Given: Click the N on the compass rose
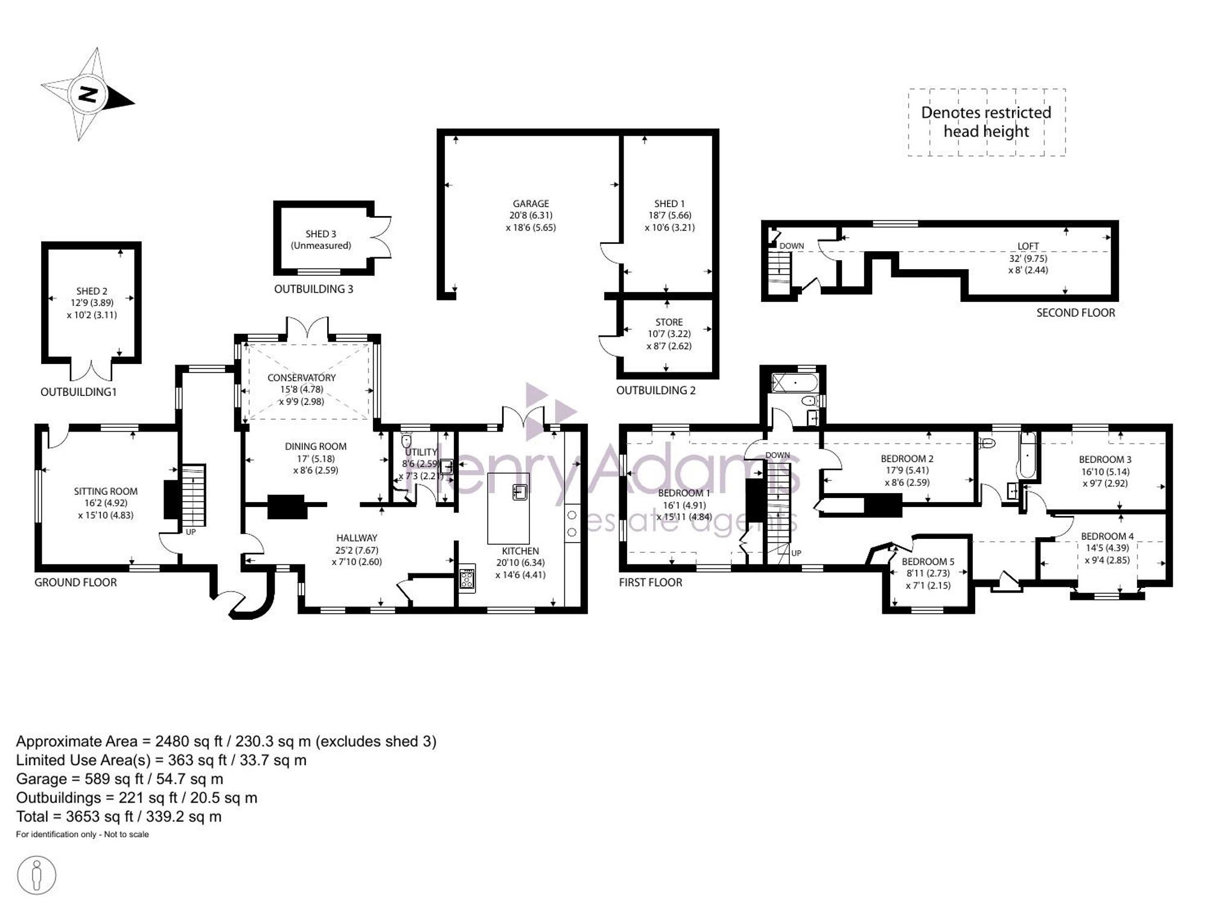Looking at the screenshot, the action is pos(88,95).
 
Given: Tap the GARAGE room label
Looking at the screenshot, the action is pos(531,204).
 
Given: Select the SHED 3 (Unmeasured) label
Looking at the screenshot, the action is pos(321,240).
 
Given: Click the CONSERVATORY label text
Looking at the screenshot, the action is pos(302,378).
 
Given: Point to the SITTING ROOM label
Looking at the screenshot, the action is pos(106,491).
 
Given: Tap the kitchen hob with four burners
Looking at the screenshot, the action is pos(467,579).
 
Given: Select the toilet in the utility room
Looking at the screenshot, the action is pos(406,439).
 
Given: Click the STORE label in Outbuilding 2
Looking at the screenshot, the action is pos(669,322).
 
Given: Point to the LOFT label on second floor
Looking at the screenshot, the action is pos(1028,246).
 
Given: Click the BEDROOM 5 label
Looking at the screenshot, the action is pos(928,562).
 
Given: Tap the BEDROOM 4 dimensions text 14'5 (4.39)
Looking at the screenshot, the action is pos(1107,548).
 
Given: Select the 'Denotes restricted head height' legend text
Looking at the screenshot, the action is pos(986,122).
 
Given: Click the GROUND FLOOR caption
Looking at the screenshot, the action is pos(75,582).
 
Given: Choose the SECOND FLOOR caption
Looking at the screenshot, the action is pos(1076,313).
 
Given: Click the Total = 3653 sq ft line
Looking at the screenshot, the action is pos(119,817).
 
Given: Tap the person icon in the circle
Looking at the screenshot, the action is pos(37,875).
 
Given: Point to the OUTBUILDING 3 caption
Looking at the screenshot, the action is pos(314,289).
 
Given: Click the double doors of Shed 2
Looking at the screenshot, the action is pos(92,370).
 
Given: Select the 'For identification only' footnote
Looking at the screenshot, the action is pos(82,835).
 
